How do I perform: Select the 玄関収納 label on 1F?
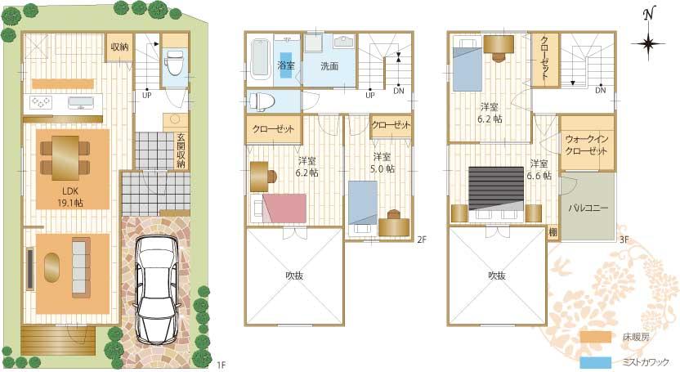click(181, 150)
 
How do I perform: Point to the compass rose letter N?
click(648, 14)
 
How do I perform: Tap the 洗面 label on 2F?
click(329, 65)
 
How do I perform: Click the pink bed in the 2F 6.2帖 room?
click(284, 208)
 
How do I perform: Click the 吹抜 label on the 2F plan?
click(295, 276)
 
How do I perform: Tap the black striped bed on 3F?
click(495, 189)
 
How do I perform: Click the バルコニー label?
click(588, 208)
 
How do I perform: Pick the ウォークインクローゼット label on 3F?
click(587, 146)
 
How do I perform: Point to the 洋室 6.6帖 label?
click(539, 169)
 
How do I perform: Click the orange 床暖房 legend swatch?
click(596, 336)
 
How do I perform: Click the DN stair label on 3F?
click(600, 90)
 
